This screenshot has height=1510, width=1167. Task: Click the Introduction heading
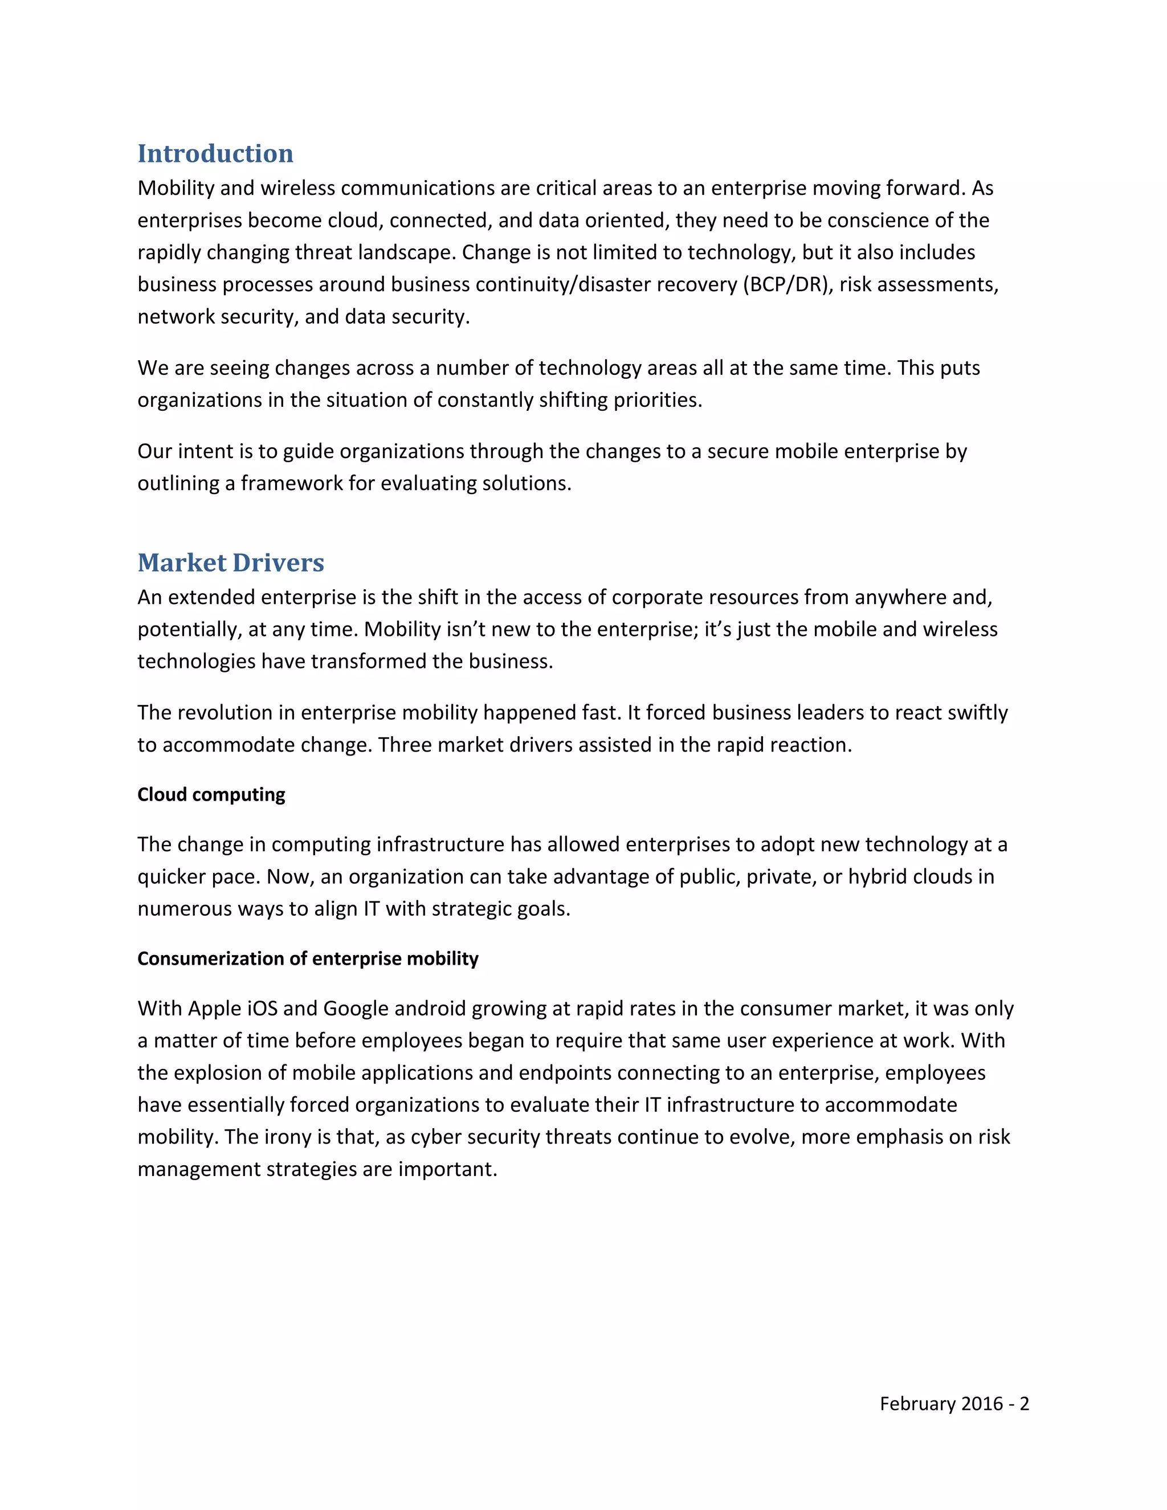coord(215,153)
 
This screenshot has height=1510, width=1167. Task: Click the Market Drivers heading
coord(230,563)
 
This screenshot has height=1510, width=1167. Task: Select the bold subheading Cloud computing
coord(211,794)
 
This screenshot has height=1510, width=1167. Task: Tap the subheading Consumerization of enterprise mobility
coord(308,958)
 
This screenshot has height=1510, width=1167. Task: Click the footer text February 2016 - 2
coord(953,1403)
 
